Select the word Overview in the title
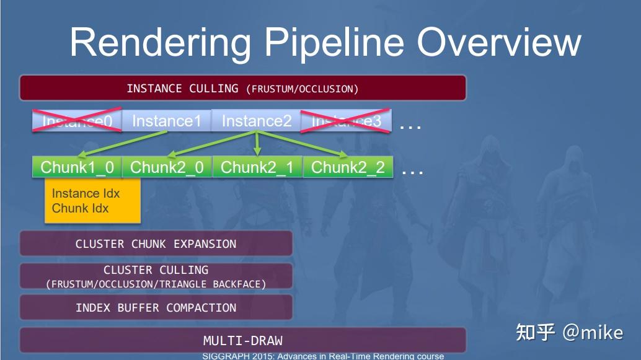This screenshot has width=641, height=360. (499, 42)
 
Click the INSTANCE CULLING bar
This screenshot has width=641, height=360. (242, 89)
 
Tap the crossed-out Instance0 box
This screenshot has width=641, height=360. (77, 121)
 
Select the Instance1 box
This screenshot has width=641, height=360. (167, 121)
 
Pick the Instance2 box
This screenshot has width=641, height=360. (256, 121)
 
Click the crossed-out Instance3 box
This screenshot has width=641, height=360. (346, 121)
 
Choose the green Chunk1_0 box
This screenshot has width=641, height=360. (77, 167)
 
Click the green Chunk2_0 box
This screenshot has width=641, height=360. (167, 167)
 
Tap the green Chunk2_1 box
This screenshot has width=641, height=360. (257, 167)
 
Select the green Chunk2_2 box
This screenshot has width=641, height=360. (348, 167)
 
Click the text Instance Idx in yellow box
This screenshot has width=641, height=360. (86, 193)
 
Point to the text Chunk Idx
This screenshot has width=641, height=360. (80, 208)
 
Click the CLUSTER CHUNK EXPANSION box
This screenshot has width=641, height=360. (156, 244)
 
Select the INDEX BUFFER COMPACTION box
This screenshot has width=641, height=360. (156, 308)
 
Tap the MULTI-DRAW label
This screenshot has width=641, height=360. (242, 341)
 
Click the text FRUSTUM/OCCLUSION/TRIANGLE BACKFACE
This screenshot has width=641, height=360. (156, 284)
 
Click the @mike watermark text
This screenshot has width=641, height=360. (592, 333)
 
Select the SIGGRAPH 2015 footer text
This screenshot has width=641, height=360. (322, 356)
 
